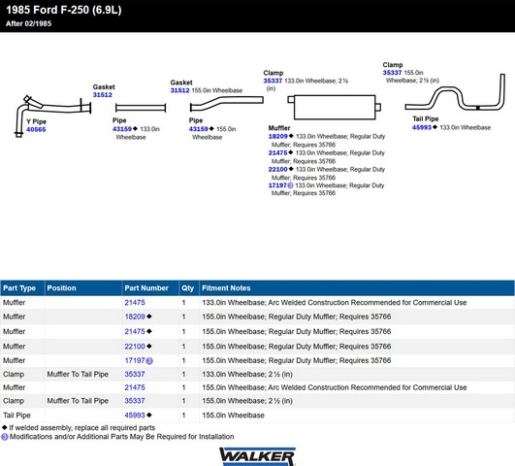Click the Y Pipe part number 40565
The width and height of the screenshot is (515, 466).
click(36, 129)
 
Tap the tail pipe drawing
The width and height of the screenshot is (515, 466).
click(455, 93)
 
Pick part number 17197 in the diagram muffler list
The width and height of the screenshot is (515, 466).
click(277, 185)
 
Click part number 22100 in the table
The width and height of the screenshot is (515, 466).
click(135, 347)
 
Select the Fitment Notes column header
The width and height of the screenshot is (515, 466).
click(226, 288)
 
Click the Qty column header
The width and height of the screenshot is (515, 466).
click(187, 288)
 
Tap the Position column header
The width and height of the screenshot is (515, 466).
click(61, 288)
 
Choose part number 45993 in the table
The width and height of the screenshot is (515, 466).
click(135, 415)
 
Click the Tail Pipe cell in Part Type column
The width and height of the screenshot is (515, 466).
click(16, 416)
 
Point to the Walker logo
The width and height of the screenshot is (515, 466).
click(257, 456)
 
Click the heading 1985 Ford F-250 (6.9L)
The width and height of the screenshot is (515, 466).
click(64, 10)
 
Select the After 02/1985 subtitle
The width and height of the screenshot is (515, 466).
click(28, 23)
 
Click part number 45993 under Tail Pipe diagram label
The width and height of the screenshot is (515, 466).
click(422, 127)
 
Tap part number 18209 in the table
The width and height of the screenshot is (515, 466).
click(135, 316)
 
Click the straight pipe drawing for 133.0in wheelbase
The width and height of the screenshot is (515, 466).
click(141, 108)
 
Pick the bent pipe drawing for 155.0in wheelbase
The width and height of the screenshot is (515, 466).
click(227, 103)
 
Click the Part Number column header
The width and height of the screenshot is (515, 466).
click(146, 288)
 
